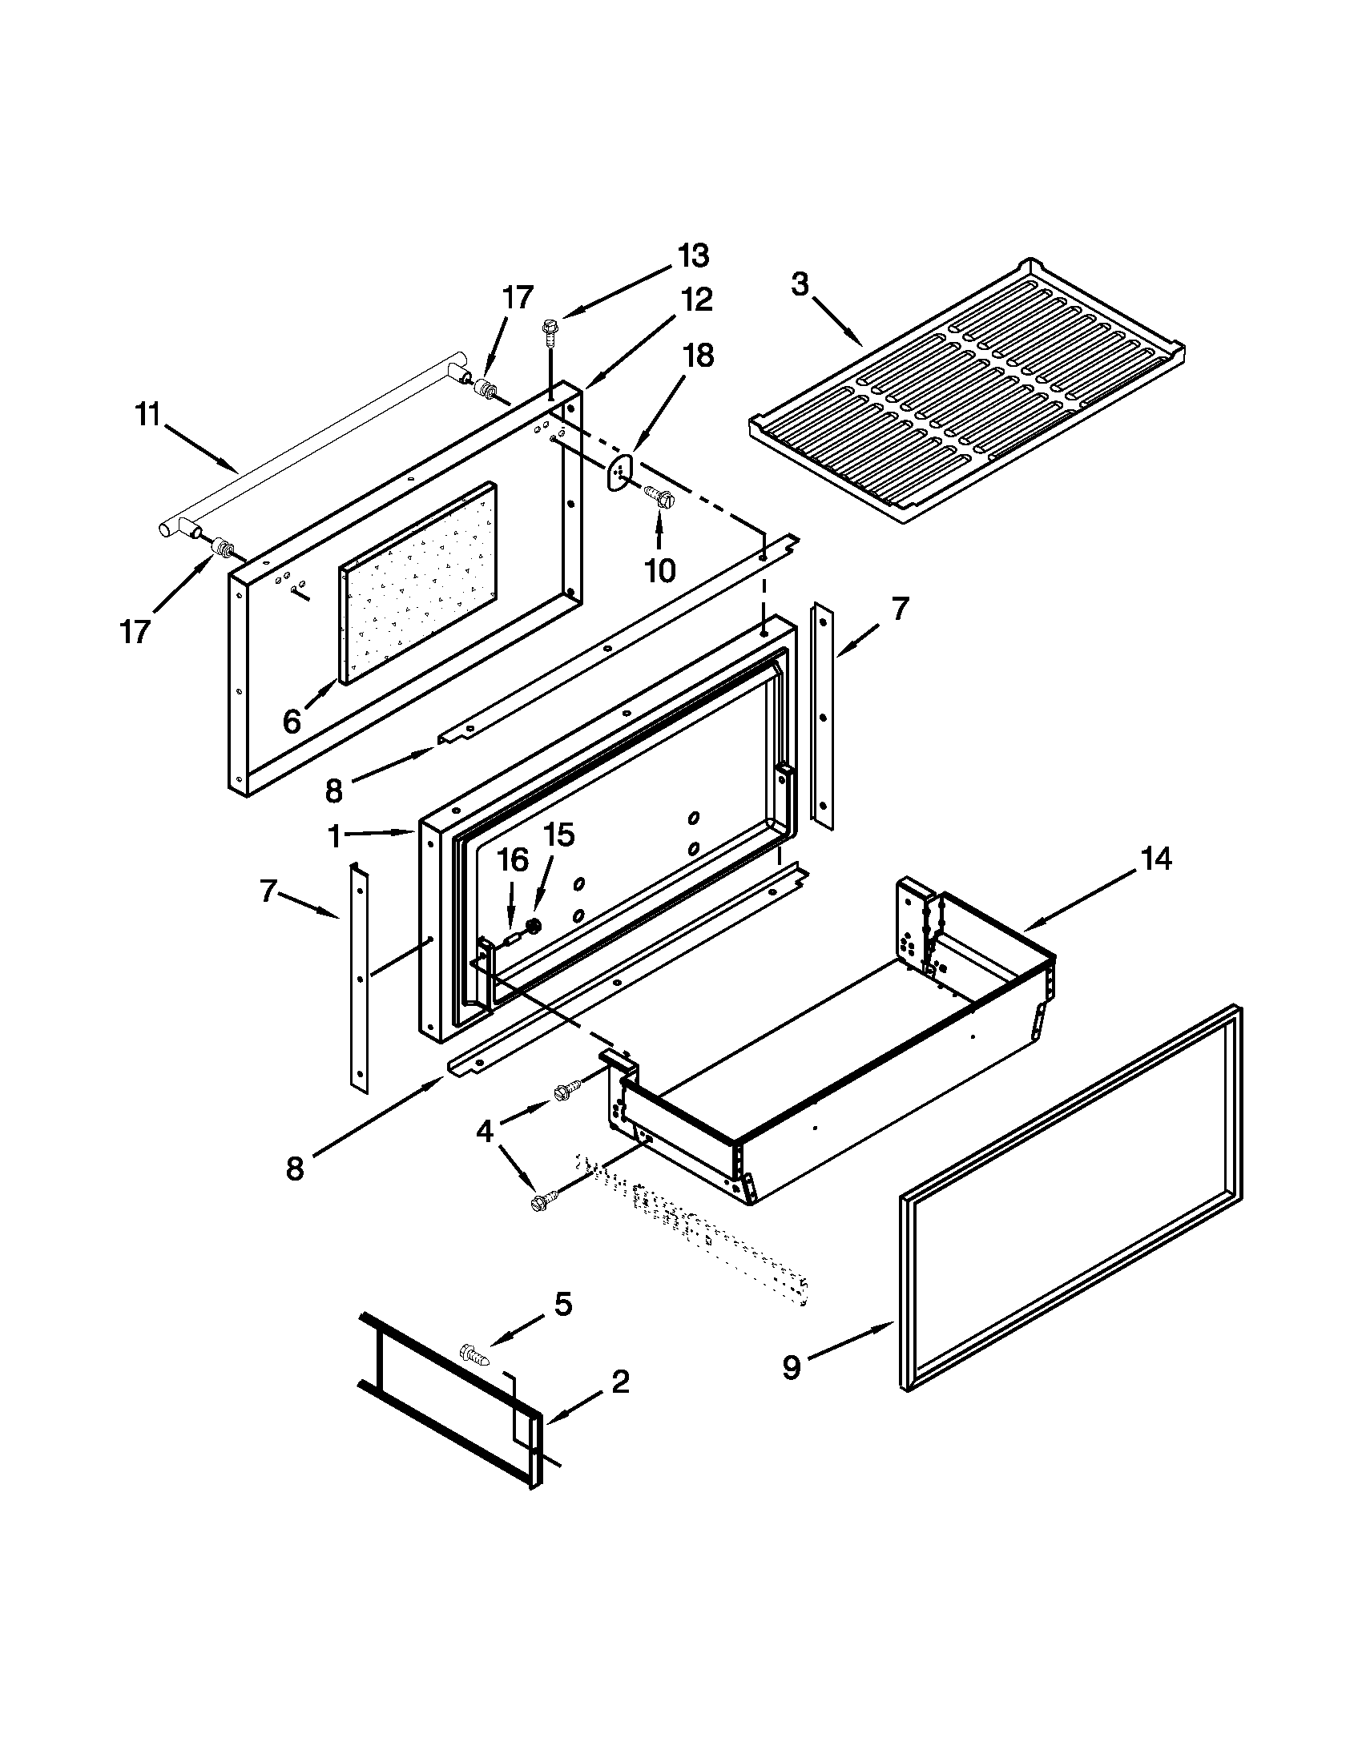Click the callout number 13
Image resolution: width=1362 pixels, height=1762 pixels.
click(692, 255)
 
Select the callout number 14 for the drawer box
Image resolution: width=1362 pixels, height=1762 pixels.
click(1155, 859)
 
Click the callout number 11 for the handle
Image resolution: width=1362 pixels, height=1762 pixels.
click(147, 417)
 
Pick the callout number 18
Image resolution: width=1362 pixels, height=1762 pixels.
click(699, 355)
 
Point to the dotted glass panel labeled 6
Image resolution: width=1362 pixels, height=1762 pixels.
click(420, 581)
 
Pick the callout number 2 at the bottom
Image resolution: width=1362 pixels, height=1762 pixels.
click(619, 1383)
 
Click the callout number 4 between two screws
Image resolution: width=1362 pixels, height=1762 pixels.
click(484, 1132)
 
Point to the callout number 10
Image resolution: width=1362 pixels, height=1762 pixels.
click(659, 571)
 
